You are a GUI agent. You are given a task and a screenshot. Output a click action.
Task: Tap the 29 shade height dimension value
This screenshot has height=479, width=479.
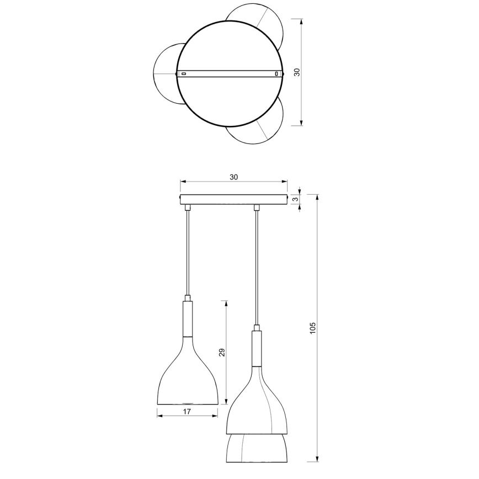click(x=222, y=353)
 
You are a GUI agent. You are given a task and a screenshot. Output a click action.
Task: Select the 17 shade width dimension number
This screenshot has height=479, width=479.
click(x=187, y=412)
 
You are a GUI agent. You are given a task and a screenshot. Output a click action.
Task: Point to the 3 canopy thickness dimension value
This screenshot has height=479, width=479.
click(x=296, y=199)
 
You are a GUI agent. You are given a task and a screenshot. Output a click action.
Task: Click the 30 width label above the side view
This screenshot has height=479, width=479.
click(x=233, y=177)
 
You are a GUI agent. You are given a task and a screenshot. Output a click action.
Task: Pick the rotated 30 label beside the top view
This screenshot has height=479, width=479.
click(x=296, y=72)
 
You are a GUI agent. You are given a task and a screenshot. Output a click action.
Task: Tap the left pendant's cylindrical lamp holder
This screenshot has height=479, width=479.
click(x=188, y=318)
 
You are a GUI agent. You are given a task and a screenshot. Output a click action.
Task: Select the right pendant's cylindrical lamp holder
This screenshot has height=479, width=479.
click(x=257, y=349)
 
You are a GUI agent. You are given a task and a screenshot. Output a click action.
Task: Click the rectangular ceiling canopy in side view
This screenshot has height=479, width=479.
click(x=233, y=199)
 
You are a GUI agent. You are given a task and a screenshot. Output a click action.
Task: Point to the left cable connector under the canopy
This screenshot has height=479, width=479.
click(x=188, y=207)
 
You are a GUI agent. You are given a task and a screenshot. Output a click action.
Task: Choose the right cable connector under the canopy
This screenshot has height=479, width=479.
click(x=257, y=207)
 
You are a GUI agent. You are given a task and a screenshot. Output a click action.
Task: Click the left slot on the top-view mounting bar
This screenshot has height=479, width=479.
click(x=185, y=73)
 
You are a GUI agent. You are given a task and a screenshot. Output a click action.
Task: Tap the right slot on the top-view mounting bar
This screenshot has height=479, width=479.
click(x=277, y=73)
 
